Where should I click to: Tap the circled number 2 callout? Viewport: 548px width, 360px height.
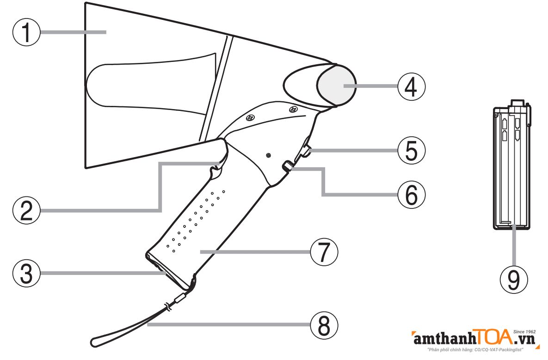[x=26, y=210]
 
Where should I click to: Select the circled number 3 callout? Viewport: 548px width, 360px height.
[x=26, y=274]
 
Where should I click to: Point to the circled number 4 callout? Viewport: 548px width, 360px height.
[x=411, y=86]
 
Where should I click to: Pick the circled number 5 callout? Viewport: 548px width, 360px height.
[x=411, y=150]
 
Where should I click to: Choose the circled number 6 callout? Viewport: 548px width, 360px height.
[x=411, y=195]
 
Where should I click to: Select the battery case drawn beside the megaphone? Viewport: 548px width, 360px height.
[x=511, y=166]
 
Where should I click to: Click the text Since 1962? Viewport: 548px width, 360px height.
[x=524, y=331]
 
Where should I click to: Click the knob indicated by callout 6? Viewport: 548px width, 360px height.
[x=288, y=166]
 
